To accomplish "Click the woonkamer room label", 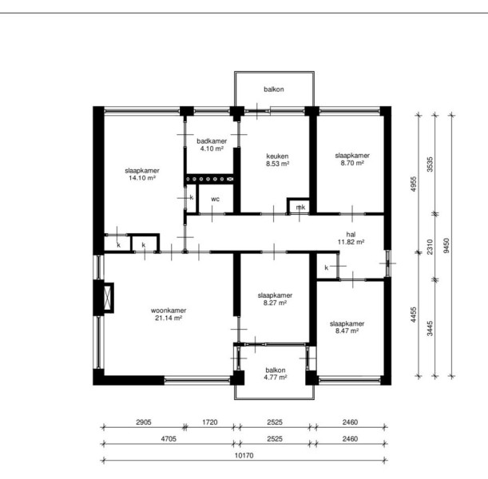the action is pyautogui.click(x=169, y=315).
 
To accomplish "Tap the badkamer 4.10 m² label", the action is pyautogui.click(x=212, y=145).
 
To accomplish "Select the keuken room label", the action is pyautogui.click(x=277, y=160).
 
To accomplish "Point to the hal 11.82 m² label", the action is pyautogui.click(x=351, y=238).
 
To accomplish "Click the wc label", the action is pyautogui.click(x=215, y=199).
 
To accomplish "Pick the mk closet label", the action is pyautogui.click(x=300, y=207).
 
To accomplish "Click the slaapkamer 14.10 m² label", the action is pyautogui.click(x=142, y=174).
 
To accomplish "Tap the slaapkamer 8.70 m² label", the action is pyautogui.click(x=352, y=159).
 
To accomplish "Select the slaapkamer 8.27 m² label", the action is pyautogui.click(x=275, y=299).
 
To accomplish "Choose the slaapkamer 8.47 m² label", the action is pyautogui.click(x=347, y=327).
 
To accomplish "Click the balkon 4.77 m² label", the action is pyautogui.click(x=276, y=374).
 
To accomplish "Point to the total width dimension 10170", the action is pyautogui.click(x=244, y=455).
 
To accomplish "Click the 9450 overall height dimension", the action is pyautogui.click(x=446, y=246).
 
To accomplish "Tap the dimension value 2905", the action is pyautogui.click(x=144, y=422).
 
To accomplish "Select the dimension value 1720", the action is pyautogui.click(x=210, y=422).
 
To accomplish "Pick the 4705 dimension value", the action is pyautogui.click(x=169, y=439).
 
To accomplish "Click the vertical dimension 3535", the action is pyautogui.click(x=430, y=164).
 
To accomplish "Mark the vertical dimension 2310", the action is pyautogui.click(x=430, y=247).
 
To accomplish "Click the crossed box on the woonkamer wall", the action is pyautogui.click(x=108, y=298).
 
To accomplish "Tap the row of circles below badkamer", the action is pyautogui.click(x=209, y=179).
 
